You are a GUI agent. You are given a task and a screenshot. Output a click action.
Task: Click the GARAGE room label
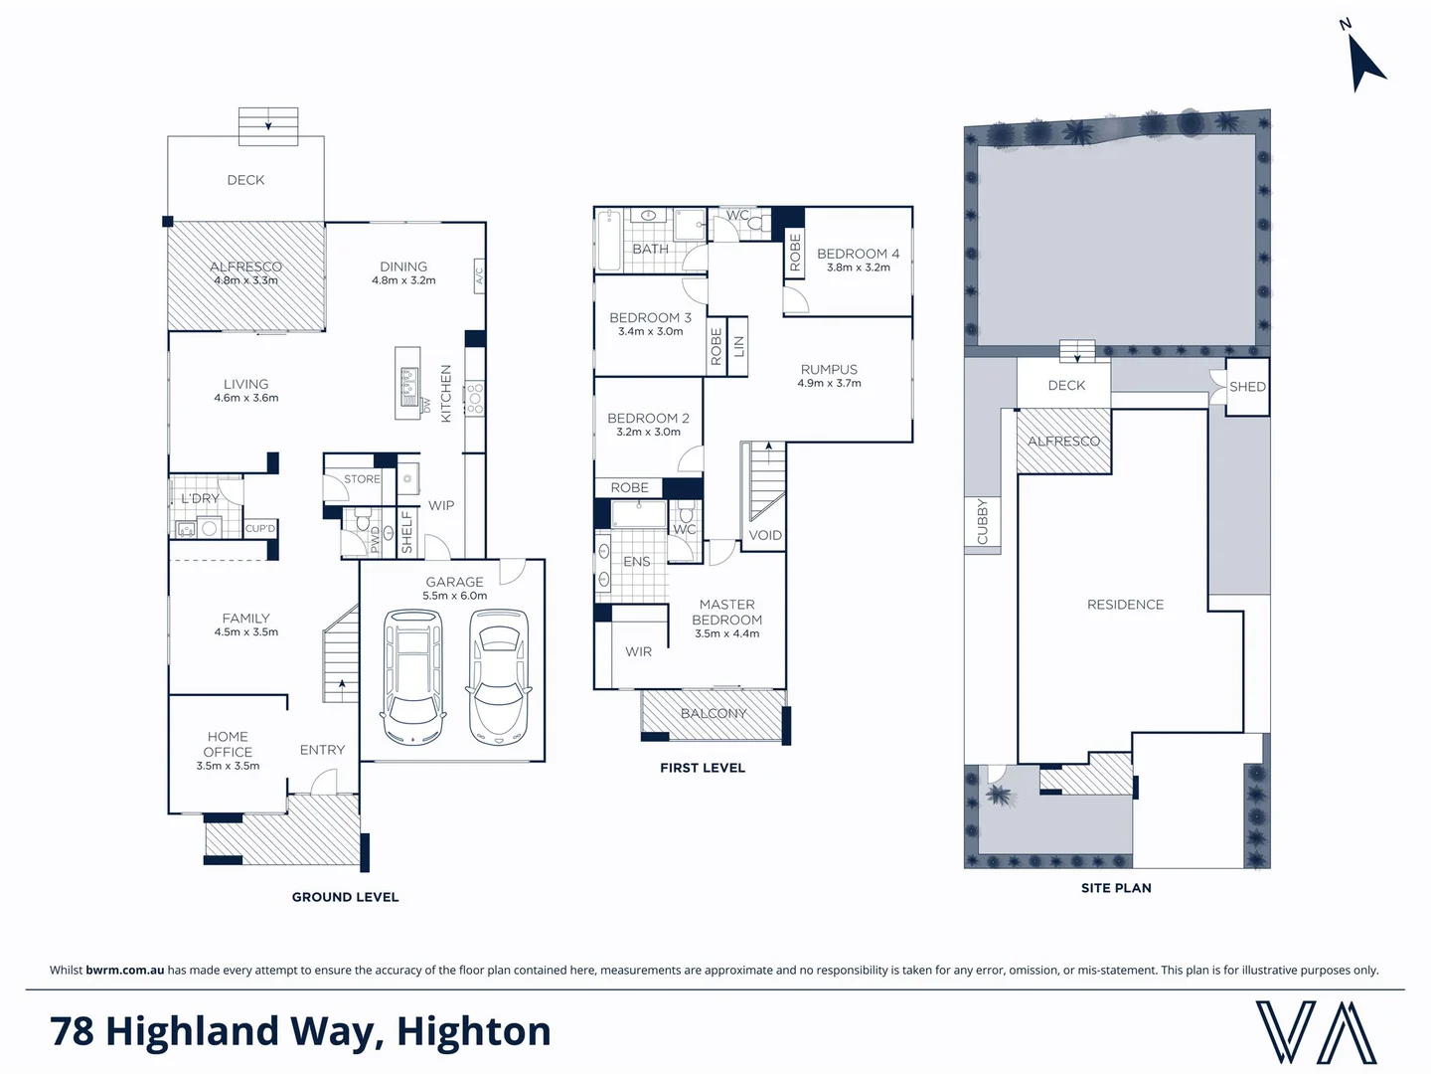[x=454, y=582]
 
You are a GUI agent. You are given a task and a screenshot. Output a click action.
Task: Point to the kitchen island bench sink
[x=407, y=383]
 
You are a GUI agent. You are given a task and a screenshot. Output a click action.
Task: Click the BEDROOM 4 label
[x=858, y=254]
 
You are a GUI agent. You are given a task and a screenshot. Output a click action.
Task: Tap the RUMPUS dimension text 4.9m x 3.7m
[x=829, y=383]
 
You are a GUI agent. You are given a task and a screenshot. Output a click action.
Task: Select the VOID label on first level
[x=765, y=535]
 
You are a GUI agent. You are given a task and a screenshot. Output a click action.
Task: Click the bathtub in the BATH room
[x=608, y=241]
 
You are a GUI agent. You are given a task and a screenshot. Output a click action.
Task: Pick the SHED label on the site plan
[x=1247, y=387]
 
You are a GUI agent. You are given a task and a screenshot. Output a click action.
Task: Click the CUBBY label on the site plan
[x=982, y=521]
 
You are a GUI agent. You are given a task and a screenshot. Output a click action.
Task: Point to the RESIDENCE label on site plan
[x=1125, y=605]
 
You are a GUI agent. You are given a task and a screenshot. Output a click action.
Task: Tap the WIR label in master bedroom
[x=638, y=651]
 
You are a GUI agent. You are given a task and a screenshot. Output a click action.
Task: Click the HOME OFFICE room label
[x=228, y=744]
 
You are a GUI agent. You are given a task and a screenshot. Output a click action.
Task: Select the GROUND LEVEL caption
[x=345, y=897]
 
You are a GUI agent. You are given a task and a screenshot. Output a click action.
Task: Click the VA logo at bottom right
[x=1316, y=1032]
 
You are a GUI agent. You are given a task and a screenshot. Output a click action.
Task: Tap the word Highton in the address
[x=474, y=1031]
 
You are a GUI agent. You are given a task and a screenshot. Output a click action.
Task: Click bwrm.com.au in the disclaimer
[x=125, y=970]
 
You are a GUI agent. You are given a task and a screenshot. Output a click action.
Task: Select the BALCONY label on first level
[x=714, y=713]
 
